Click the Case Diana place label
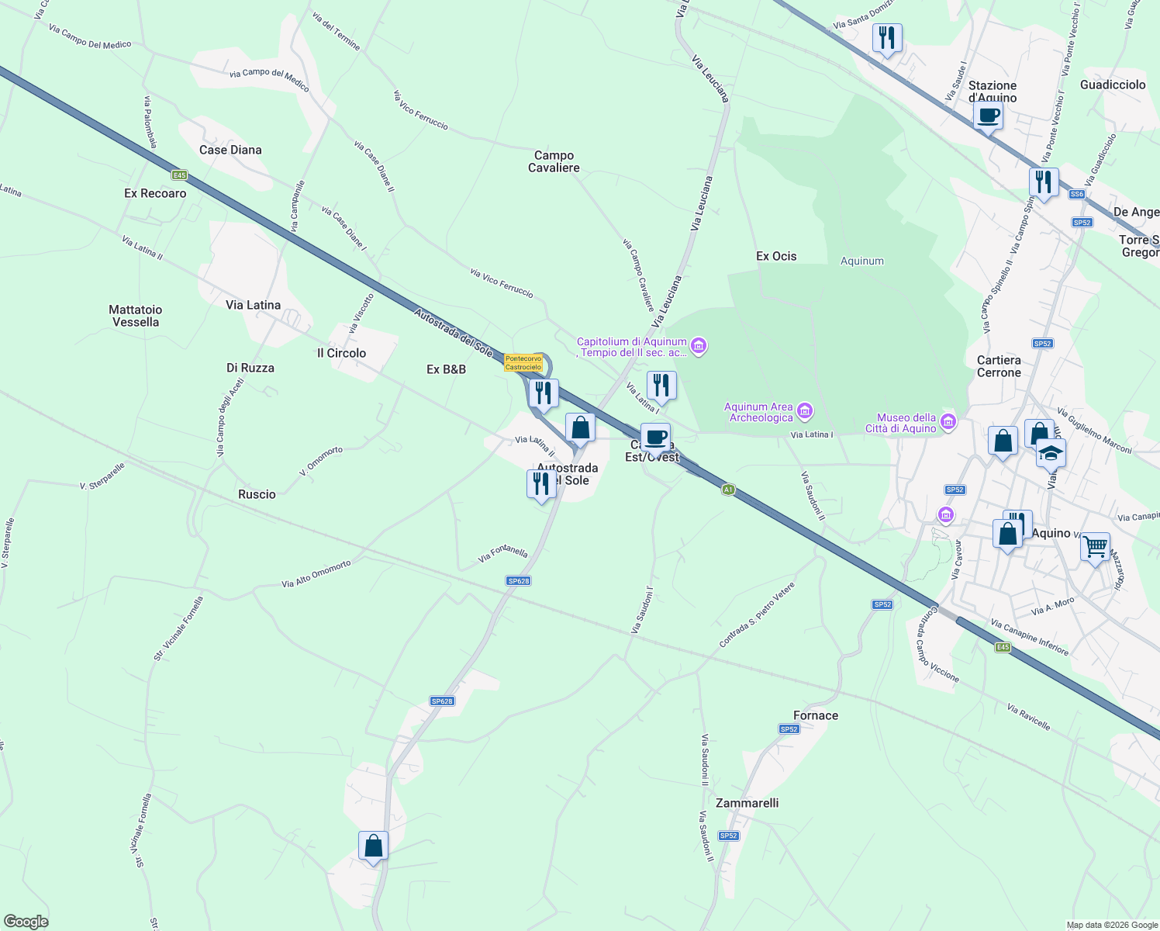click(x=230, y=150)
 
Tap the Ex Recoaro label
click(x=155, y=193)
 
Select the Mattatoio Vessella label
click(x=136, y=316)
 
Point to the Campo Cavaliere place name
click(x=554, y=161)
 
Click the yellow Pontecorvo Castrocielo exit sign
click(x=523, y=362)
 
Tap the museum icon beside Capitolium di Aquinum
click(x=699, y=346)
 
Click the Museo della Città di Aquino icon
click(x=948, y=423)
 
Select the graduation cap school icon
click(x=1051, y=453)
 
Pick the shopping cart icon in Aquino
click(x=1095, y=547)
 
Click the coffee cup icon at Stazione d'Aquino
click(x=988, y=116)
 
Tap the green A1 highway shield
click(x=727, y=490)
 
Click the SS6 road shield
click(x=1076, y=194)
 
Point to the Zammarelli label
click(x=747, y=803)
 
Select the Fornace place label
click(x=816, y=715)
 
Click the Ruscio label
click(x=257, y=494)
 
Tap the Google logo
click(x=26, y=922)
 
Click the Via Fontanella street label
click(x=503, y=553)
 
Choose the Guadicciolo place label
click(x=1113, y=85)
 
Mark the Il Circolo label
click(x=341, y=353)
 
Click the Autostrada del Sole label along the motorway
click(x=453, y=333)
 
